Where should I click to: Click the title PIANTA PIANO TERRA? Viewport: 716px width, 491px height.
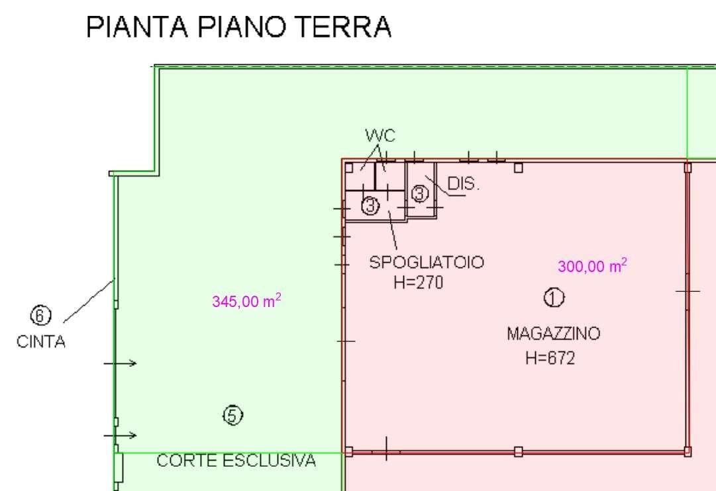pyautogui.click(x=238, y=26)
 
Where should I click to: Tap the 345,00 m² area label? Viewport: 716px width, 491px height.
pyautogui.click(x=246, y=300)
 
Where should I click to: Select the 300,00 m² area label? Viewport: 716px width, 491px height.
pyautogui.click(x=592, y=265)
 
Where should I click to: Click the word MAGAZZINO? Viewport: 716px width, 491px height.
pyautogui.click(x=554, y=334)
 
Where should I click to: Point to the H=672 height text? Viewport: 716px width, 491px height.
pyautogui.click(x=550, y=358)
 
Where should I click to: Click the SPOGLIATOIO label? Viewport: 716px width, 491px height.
pyautogui.click(x=427, y=263)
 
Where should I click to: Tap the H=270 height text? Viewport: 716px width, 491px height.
pyautogui.click(x=419, y=283)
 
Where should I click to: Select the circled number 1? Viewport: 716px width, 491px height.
pyautogui.click(x=554, y=298)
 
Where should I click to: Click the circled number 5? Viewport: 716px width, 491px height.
pyautogui.click(x=233, y=416)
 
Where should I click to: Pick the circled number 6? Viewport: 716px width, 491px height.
pyautogui.click(x=40, y=316)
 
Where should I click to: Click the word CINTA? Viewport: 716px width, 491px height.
pyautogui.click(x=40, y=341)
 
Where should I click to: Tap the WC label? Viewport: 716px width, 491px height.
pyautogui.click(x=380, y=136)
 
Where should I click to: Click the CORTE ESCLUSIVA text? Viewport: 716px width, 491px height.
pyautogui.click(x=236, y=461)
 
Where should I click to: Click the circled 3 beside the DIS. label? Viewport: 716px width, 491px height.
pyautogui.click(x=420, y=193)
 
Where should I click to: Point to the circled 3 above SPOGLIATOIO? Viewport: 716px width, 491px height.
pyautogui.click(x=370, y=206)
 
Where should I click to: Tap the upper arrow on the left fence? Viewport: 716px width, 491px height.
pyautogui.click(x=120, y=363)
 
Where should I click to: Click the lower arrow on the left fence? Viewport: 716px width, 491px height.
pyautogui.click(x=120, y=435)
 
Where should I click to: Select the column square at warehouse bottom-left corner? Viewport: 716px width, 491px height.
pyautogui.click(x=348, y=452)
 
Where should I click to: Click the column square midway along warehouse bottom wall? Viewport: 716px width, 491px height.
pyautogui.click(x=518, y=452)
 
